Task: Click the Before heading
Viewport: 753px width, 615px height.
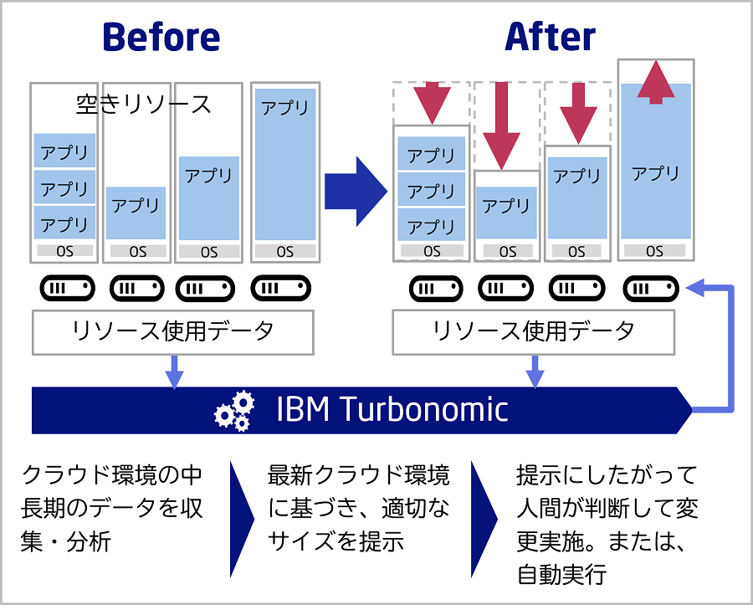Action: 161,37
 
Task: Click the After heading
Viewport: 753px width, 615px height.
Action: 550,37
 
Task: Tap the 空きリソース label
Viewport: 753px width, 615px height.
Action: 144,105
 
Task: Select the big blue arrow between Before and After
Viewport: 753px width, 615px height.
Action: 356,192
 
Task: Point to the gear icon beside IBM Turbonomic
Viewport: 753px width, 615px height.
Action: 234,410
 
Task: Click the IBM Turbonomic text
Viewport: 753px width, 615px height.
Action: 392,410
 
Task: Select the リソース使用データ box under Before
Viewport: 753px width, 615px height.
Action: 173,331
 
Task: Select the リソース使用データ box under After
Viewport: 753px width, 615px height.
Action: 533,331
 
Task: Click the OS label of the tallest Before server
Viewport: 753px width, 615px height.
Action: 285,251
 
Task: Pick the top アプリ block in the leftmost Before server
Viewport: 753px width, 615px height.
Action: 64,151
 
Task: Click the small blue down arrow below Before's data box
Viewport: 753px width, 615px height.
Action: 174,371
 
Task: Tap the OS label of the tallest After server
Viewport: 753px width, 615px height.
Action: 655,250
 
